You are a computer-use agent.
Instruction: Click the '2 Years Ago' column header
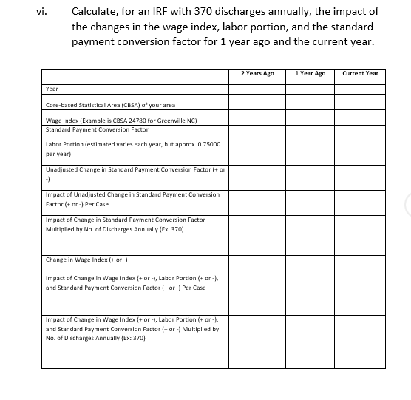click(x=257, y=74)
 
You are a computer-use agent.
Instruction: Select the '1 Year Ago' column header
click(x=310, y=74)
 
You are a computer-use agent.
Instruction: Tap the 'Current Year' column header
click(x=360, y=74)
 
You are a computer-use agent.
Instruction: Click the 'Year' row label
click(x=52, y=89)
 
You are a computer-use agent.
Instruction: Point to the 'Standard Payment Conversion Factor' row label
click(x=97, y=129)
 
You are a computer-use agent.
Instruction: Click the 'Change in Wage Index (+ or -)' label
click(x=86, y=260)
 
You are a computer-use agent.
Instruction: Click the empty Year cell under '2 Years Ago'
click(x=257, y=89)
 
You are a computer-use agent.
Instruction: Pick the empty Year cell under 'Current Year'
click(x=360, y=89)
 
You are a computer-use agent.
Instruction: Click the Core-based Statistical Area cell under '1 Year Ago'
click(x=310, y=104)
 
